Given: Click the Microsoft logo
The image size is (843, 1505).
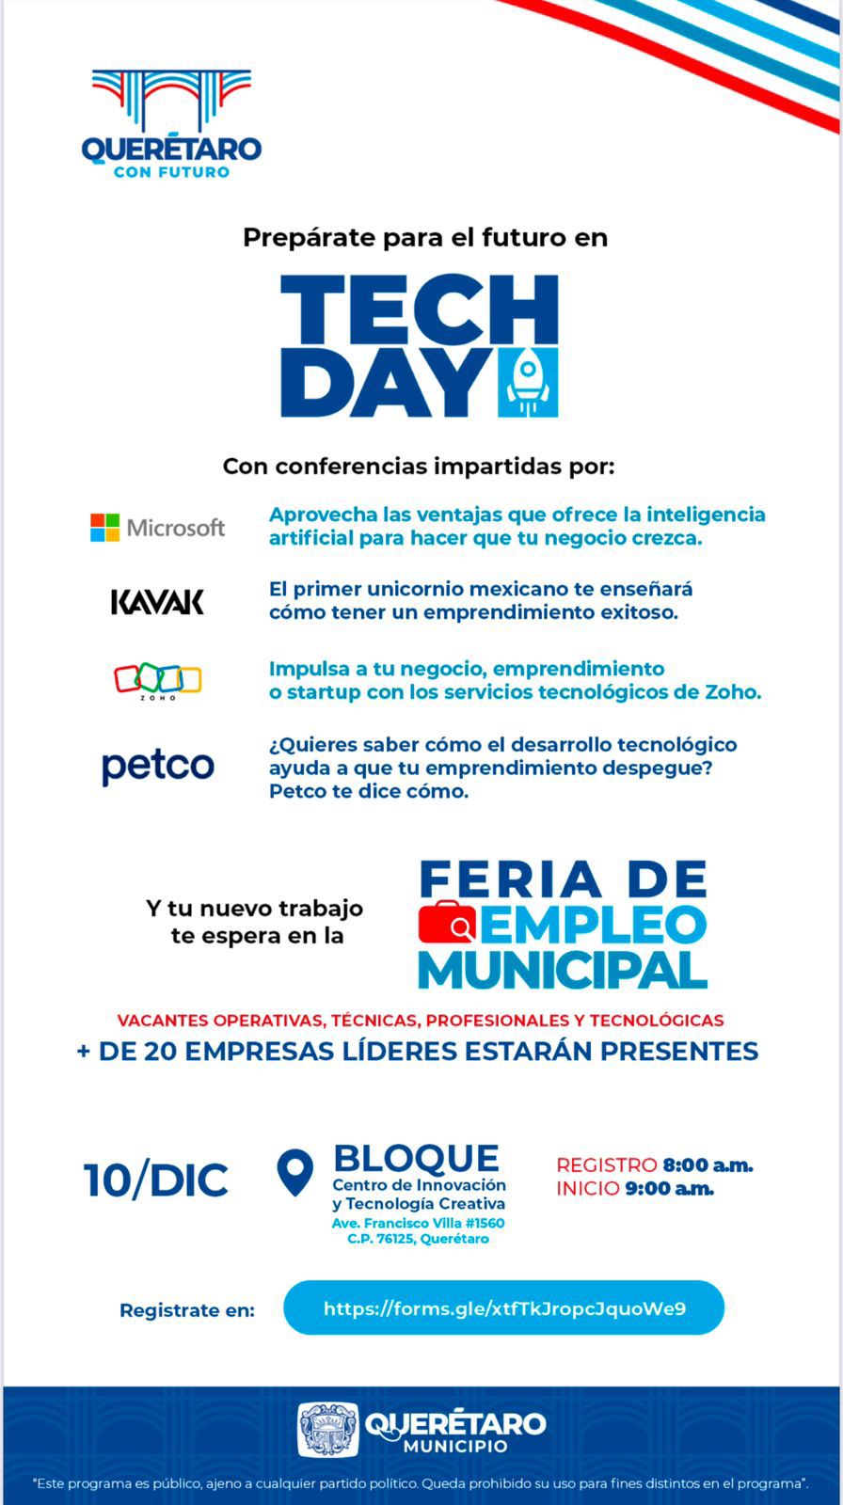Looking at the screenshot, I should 157,528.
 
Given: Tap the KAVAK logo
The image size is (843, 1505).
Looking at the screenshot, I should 157,602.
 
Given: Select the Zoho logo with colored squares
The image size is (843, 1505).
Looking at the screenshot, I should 157,679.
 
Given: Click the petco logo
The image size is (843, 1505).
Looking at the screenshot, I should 157,767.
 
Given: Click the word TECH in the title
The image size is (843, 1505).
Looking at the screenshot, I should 419,309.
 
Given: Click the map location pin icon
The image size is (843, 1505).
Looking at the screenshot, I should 295,1172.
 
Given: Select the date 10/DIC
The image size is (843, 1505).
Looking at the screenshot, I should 156,1180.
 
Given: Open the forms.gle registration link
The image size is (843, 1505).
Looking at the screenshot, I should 503,1308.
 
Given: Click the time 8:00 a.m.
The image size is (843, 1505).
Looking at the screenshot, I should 708,1165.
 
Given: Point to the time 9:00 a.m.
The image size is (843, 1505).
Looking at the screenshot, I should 669,1188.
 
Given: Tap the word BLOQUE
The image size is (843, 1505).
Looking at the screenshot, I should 416,1158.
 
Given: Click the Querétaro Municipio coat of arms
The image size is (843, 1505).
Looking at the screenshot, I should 327,1430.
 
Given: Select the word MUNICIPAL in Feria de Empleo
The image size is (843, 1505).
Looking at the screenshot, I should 562,970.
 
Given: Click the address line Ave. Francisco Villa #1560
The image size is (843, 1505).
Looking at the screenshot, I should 418,1223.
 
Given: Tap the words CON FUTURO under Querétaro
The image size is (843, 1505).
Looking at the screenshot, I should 171,172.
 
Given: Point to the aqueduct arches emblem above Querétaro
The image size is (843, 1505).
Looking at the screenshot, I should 171,100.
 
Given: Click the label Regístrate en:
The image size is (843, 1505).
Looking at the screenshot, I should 186,1310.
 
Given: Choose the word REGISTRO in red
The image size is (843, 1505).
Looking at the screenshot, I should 606,1165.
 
